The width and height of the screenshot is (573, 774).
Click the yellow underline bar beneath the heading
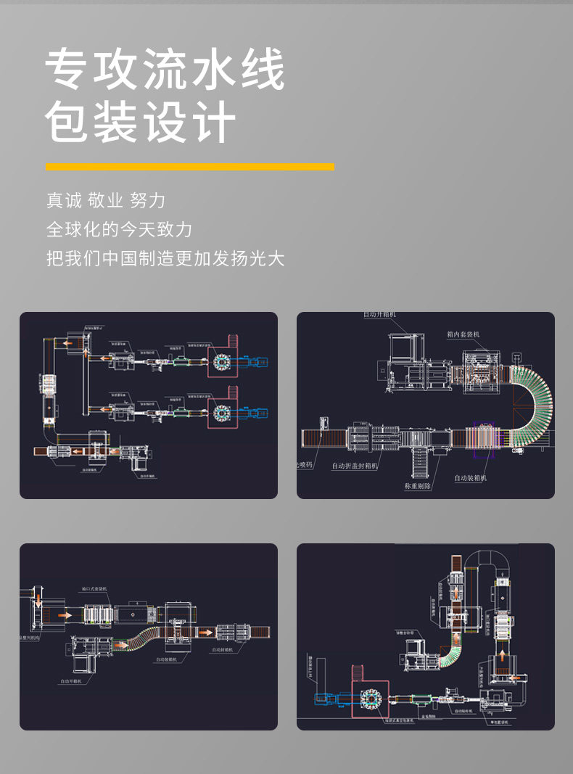tap(190, 167)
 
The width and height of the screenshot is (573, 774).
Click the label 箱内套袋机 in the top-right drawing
tap(463, 334)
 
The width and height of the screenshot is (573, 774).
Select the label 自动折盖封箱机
tap(355, 466)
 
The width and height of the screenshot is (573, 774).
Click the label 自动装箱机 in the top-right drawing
tap(470, 478)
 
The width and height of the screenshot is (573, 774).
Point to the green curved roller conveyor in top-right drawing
tap(534, 406)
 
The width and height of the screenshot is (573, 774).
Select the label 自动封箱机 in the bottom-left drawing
tap(225, 650)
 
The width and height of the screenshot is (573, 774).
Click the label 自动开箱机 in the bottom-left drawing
tap(75, 682)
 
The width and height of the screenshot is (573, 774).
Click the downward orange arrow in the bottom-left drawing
tap(38, 599)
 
